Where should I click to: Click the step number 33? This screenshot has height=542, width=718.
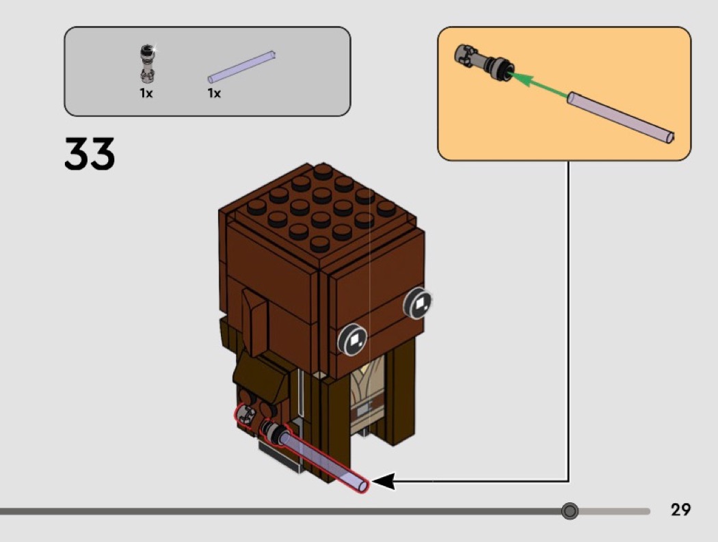point(90,154)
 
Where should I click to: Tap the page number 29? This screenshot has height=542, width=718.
point(680,510)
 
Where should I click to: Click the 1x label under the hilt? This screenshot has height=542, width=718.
point(146,93)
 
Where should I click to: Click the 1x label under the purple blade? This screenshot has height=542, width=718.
point(214,93)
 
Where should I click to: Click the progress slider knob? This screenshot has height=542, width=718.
point(569,511)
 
